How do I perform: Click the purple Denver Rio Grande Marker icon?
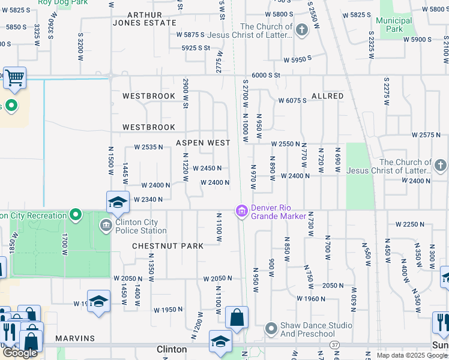point(241,211)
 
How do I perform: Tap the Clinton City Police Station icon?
point(106,226)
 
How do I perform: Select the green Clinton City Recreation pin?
point(76,214)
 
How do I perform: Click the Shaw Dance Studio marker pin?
point(271,328)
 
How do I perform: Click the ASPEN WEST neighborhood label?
point(203,143)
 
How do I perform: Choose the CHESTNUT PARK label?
point(167,246)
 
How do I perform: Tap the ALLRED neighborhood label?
point(327,96)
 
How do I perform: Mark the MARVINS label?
point(76,338)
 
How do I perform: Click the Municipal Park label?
point(394,25)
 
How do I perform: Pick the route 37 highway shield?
point(334,346)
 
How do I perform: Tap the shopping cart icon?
point(14,77)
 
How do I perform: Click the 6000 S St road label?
point(266,75)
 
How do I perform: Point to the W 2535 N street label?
point(148,147)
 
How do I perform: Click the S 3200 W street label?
point(79,43)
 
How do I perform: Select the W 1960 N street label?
point(312,298)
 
